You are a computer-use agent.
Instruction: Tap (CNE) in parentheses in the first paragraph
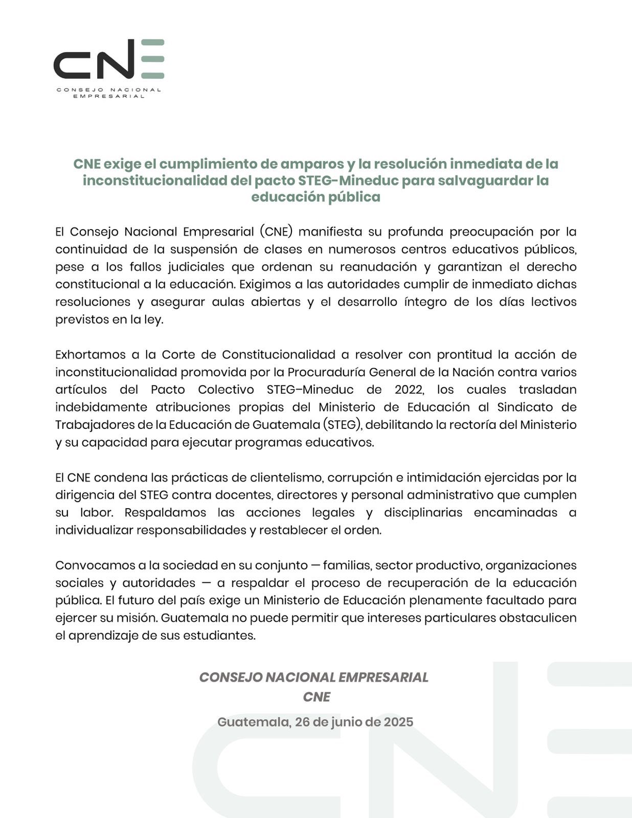click(x=276, y=232)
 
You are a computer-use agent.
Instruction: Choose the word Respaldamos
click(x=165, y=513)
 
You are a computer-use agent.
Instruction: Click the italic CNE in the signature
click(x=316, y=697)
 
